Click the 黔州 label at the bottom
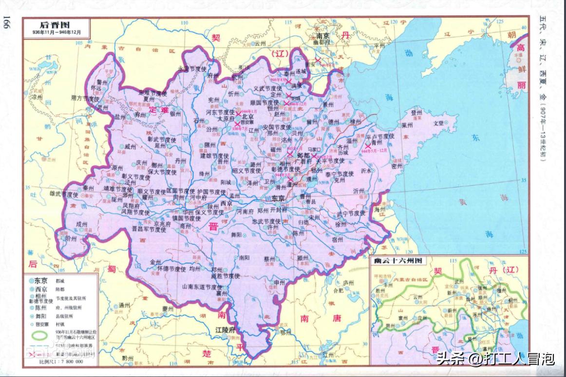pos(128,358)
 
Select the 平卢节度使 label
pos(380,137)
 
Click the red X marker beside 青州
pos(368,145)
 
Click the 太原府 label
pos(226,118)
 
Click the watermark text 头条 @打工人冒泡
pos(495,359)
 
